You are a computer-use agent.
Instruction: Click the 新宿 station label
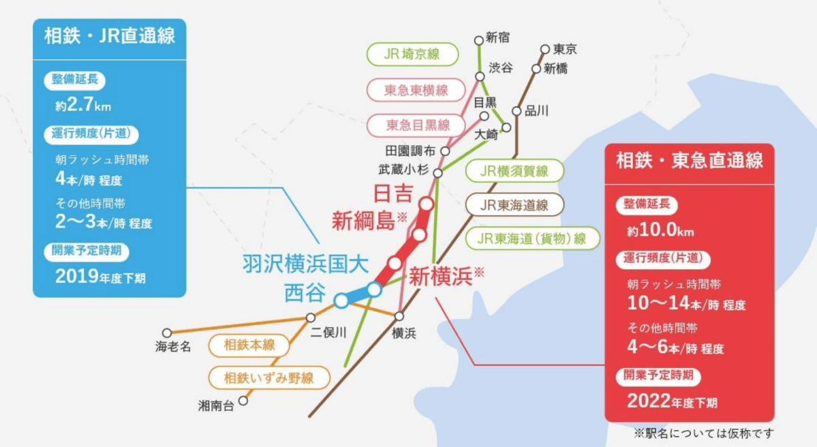coord(498,37)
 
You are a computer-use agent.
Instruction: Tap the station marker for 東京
coord(545,49)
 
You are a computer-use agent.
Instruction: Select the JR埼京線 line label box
coord(412,55)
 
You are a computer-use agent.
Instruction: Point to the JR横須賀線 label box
coord(514,171)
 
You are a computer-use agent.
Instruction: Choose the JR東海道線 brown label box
coord(514,204)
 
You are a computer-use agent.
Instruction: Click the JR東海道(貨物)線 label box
coord(533,238)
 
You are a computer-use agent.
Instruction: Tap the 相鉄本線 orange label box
coord(249,345)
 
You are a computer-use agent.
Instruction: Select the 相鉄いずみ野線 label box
coord(270,377)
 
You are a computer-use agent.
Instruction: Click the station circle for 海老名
coord(167,333)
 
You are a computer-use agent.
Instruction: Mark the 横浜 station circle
coord(399,316)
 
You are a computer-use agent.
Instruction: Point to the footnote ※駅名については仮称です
coord(704,433)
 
